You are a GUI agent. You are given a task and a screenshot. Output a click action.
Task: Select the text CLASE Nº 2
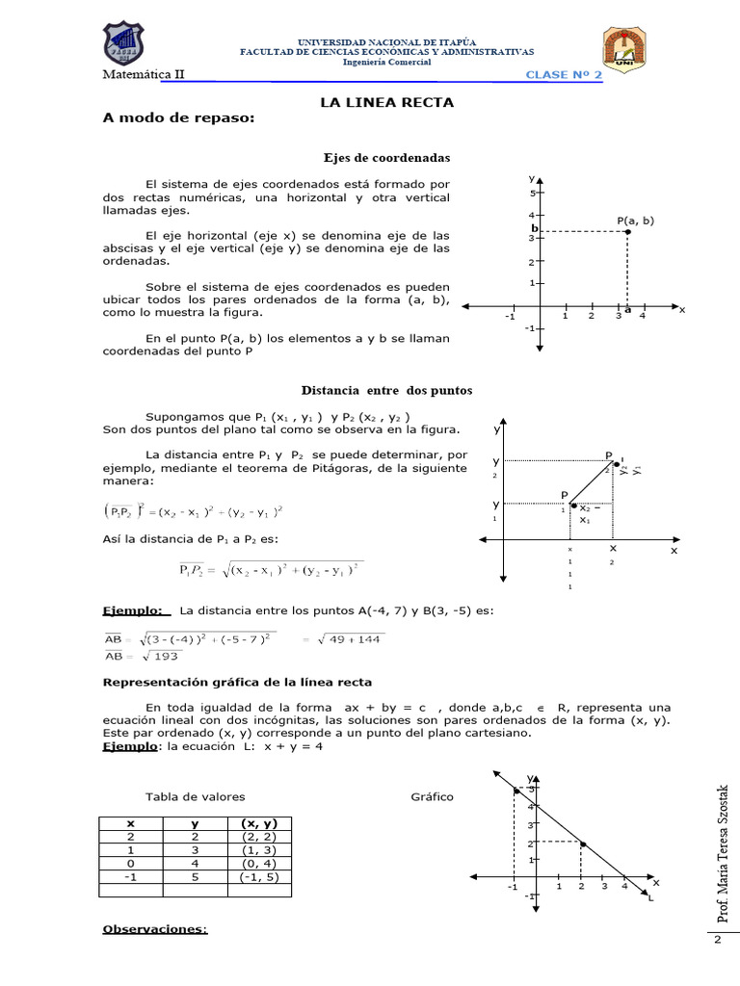564,75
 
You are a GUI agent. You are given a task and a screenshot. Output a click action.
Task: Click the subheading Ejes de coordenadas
386,157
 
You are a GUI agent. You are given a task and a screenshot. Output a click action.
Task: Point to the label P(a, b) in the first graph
635,220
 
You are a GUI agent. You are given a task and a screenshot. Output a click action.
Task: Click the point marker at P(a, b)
627,231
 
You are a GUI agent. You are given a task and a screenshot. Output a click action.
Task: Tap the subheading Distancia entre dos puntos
386,390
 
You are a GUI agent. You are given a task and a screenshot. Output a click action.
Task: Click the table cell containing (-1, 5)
258,877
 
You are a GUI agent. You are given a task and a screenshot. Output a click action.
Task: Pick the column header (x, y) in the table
258,823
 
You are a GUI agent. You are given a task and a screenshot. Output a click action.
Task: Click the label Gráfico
432,797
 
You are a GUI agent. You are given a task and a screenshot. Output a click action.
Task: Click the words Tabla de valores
195,797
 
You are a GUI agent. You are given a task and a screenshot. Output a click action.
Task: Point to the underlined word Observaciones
155,929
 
